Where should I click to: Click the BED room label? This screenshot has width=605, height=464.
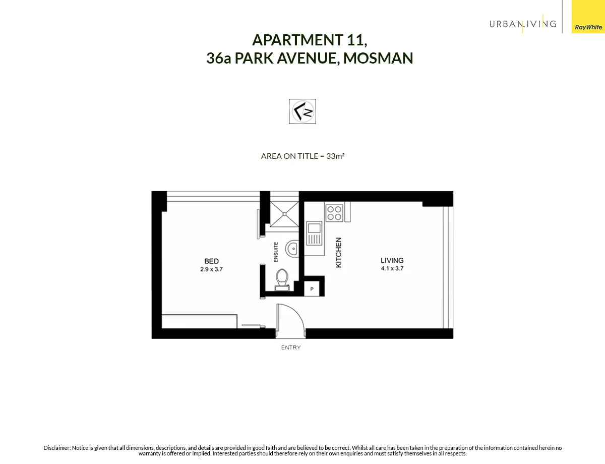pos(211,261)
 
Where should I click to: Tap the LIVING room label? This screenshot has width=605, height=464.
pos(392,261)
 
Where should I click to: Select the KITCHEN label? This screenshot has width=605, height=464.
pos(339,252)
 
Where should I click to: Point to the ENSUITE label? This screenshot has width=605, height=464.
pos(276,252)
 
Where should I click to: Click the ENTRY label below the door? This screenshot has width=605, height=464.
pos(291,347)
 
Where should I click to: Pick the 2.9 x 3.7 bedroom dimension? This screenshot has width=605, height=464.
pos(211,269)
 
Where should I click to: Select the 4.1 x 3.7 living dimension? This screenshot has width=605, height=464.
pos(392,269)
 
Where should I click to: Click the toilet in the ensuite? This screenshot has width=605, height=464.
pos(282,279)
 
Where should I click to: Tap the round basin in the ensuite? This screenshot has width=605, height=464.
pos(292,249)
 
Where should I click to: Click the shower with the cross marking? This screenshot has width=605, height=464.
pos(284,213)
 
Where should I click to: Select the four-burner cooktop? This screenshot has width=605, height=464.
pos(334,213)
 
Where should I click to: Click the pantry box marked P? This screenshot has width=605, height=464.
pos(312,289)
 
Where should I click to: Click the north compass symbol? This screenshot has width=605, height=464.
pos(302,111)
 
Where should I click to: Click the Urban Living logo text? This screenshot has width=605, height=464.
pos(523,24)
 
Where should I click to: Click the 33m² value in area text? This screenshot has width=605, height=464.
pos(335,156)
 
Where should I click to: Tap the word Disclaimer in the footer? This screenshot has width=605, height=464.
pos(57,448)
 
